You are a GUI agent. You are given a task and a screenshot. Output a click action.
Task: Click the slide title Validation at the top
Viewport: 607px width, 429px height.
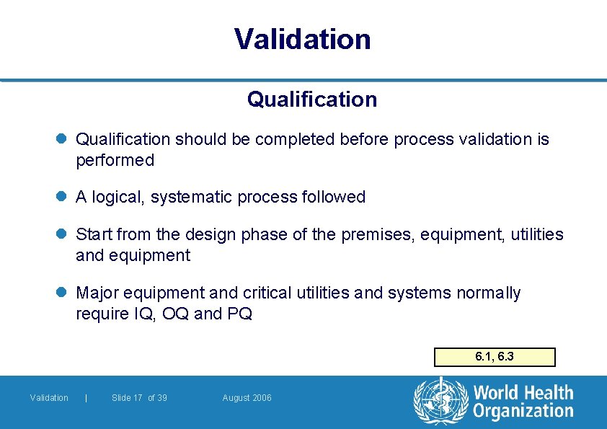click(303, 39)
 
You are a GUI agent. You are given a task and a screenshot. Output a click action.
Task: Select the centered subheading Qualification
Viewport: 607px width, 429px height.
click(311, 99)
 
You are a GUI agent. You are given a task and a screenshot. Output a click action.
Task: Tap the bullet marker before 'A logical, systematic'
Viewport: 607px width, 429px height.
click(63, 197)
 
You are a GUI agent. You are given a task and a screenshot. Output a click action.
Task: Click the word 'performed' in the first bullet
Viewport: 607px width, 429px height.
click(115, 161)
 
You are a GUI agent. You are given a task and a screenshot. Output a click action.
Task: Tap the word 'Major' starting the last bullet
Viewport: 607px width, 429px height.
click(97, 293)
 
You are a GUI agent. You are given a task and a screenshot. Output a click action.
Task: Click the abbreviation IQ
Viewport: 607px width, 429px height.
click(141, 314)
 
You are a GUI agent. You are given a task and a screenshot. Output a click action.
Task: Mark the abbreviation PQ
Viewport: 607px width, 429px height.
click(239, 314)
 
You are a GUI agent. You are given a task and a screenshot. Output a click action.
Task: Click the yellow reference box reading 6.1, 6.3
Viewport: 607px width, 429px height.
click(495, 357)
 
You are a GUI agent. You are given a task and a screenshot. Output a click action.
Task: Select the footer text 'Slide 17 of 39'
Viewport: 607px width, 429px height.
click(139, 398)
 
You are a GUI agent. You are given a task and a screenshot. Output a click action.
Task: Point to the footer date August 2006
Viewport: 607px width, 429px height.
click(247, 398)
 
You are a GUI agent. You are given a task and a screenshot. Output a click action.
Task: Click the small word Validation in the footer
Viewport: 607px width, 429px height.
click(49, 398)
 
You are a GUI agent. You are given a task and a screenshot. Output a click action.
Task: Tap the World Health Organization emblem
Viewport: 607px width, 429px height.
click(439, 402)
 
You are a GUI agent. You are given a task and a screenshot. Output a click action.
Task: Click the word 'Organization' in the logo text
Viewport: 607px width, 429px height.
click(523, 411)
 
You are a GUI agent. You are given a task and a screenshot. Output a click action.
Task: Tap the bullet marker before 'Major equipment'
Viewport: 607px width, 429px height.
click(63, 293)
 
